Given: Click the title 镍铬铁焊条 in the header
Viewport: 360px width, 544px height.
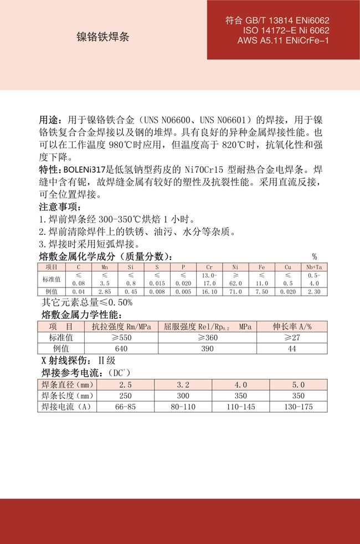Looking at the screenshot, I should pos(103,37).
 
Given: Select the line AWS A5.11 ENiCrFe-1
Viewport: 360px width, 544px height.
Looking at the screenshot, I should pos(283,41).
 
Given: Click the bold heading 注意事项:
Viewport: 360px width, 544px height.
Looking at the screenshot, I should pos(60,207).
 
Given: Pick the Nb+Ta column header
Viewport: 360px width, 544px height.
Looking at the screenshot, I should pos(314,267).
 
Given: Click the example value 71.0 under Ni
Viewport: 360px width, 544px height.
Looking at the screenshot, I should pos(235,291).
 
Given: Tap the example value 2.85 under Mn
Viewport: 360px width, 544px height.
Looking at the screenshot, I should pos(105,291).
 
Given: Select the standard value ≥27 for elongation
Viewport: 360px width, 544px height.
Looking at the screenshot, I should pos(292,337).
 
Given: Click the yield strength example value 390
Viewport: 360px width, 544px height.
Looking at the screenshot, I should pos(207,348).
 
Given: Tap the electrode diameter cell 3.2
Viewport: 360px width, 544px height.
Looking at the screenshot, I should pos(183,385).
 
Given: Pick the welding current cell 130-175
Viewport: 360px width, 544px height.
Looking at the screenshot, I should pos(298,407).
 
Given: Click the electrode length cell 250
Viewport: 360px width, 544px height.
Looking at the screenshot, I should pos(125,396).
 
